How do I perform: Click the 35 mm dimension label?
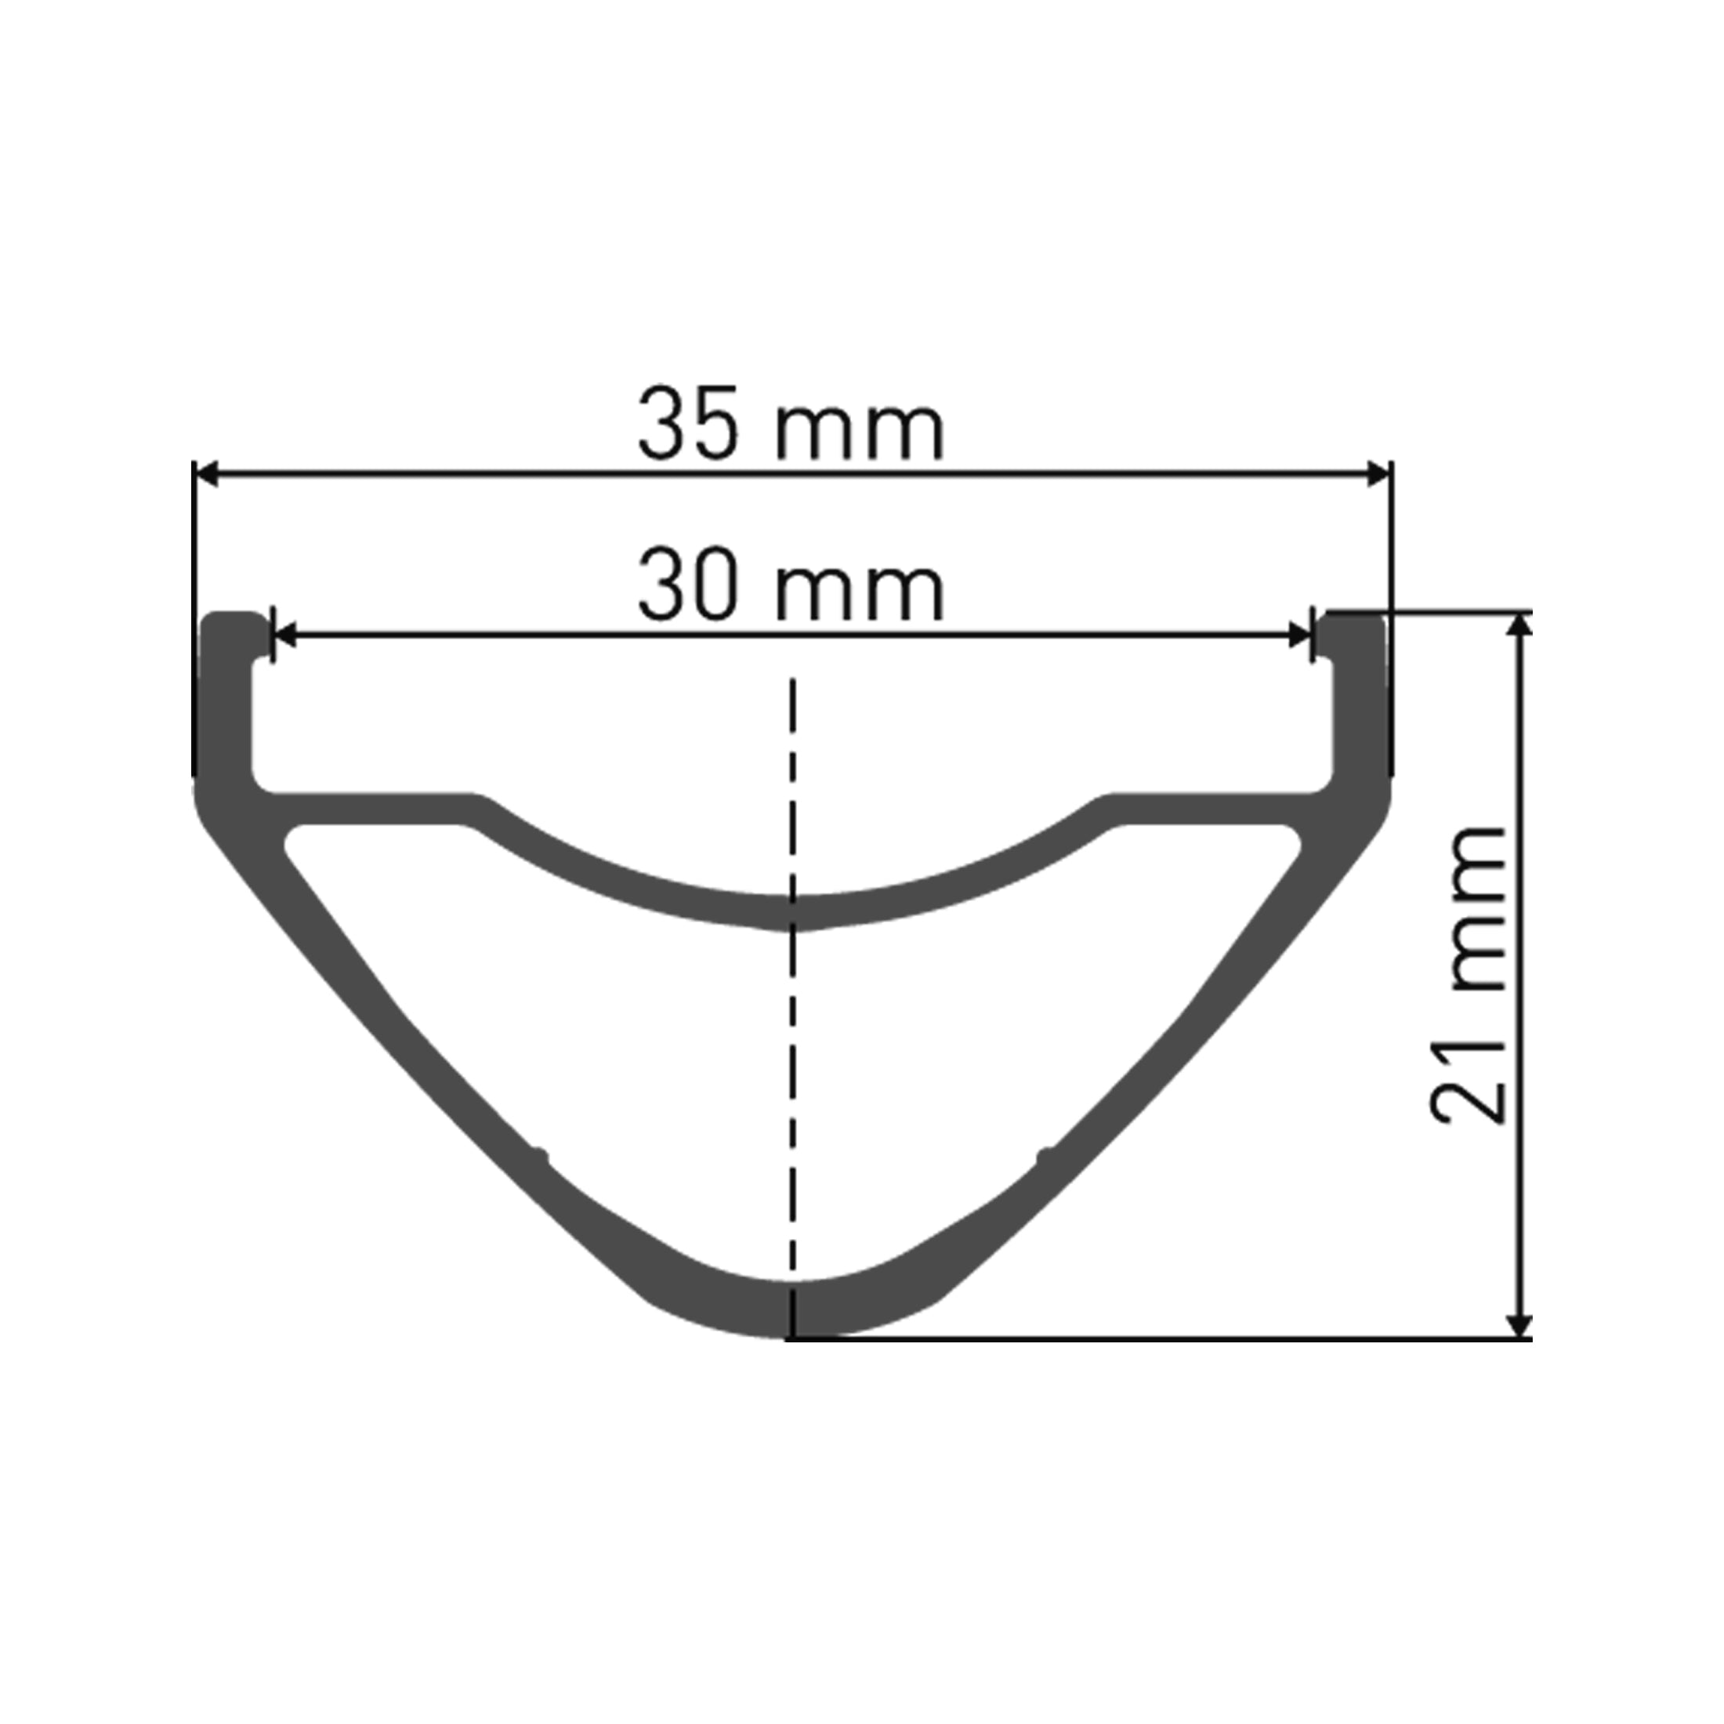[791, 424]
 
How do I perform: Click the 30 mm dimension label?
[791, 588]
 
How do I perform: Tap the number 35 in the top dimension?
[688, 424]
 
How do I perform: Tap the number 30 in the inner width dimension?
[688, 588]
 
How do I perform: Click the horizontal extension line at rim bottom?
[1160, 1338]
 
